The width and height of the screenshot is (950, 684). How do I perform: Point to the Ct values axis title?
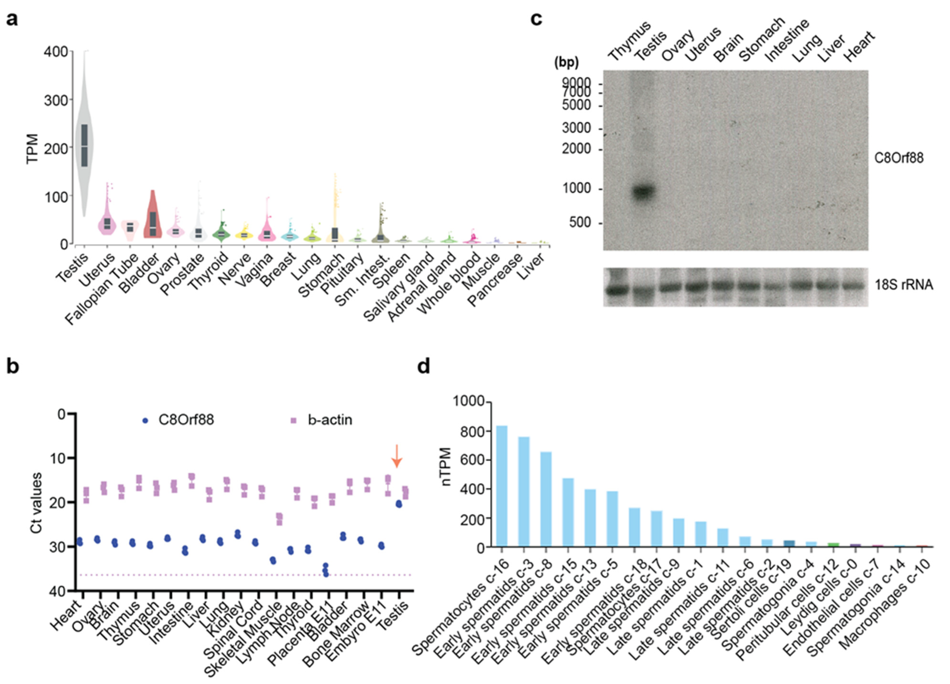pos(37,503)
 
